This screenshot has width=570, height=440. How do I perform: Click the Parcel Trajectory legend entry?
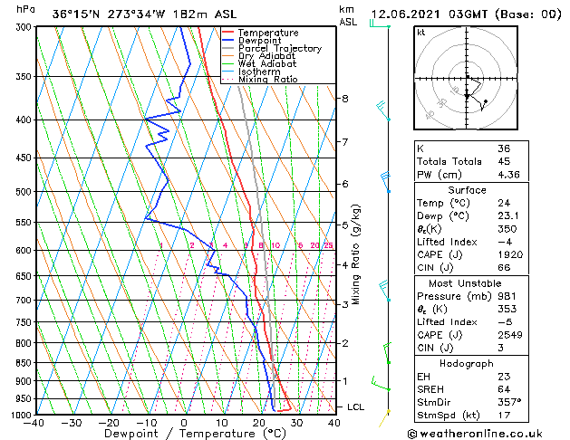coord(279,48)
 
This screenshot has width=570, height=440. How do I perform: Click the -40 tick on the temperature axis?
coord(34,422)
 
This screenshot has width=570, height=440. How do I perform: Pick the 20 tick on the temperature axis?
coord(259,422)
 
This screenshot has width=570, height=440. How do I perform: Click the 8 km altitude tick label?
coord(345,98)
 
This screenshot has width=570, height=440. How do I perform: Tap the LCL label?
coord(356,407)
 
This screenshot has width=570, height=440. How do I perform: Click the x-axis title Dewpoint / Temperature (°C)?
coord(184,434)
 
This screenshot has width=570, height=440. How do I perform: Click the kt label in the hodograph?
coord(421,33)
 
